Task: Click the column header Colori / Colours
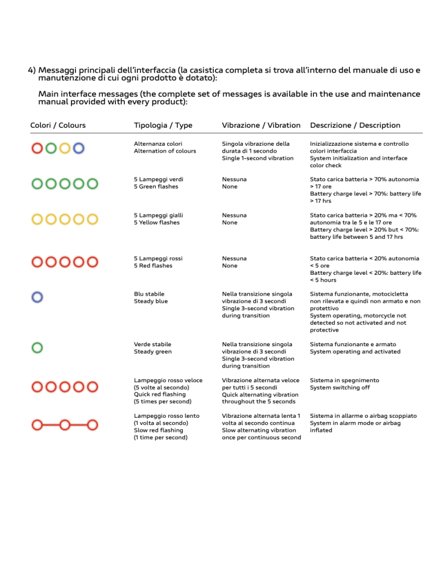(x=57, y=125)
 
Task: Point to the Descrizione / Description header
(x=355, y=125)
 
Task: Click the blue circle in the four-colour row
(x=79, y=148)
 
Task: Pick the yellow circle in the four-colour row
(x=65, y=148)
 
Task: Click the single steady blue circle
(x=37, y=296)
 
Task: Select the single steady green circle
(x=37, y=347)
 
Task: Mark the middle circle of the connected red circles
(x=65, y=423)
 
